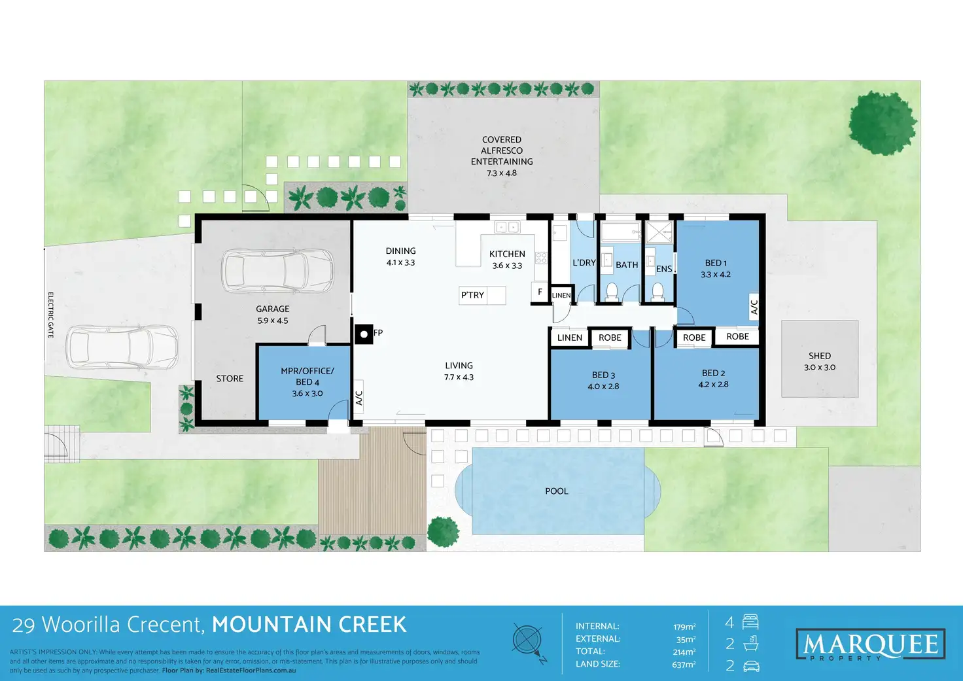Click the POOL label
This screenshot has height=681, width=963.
pyautogui.click(x=557, y=491)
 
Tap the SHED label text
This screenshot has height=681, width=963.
pyautogui.click(x=819, y=356)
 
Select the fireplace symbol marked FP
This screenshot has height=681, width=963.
pyautogui.click(x=364, y=334)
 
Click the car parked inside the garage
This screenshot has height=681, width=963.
pyautogui.click(x=277, y=271)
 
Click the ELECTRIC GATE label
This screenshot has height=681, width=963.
pyautogui.click(x=50, y=315)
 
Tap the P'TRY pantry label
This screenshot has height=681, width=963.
pyautogui.click(x=472, y=295)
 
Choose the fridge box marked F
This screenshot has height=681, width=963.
pyautogui.click(x=540, y=292)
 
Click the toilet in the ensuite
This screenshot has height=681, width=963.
pyautogui.click(x=657, y=291)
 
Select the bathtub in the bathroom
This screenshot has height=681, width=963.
pyautogui.click(x=620, y=232)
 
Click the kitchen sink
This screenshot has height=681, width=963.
pyautogui.click(x=507, y=228)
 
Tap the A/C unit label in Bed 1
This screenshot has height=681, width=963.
pyautogui.click(x=754, y=307)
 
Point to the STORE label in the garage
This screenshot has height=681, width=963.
pyautogui.click(x=230, y=379)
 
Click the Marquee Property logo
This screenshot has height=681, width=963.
pyautogui.click(x=870, y=645)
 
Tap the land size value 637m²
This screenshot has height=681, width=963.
pyautogui.click(x=684, y=665)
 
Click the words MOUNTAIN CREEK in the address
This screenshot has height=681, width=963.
pyautogui.click(x=309, y=625)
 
